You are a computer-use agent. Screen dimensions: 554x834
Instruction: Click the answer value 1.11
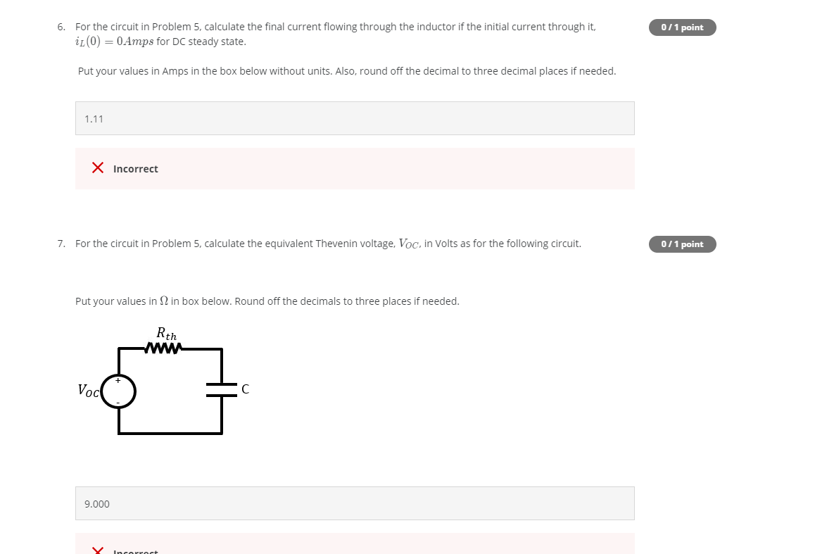[94, 119]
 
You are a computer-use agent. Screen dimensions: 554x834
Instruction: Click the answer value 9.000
[96, 504]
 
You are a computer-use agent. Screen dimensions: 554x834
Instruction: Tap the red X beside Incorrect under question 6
[99, 168]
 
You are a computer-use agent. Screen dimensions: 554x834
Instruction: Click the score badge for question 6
[682, 27]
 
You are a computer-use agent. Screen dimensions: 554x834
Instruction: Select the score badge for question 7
[682, 244]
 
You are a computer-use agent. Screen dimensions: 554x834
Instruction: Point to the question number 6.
[61, 27]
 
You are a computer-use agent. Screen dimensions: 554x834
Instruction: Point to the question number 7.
[61, 244]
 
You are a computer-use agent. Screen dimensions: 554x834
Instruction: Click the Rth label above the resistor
[167, 334]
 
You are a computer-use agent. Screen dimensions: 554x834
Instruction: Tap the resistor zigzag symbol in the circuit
[164, 348]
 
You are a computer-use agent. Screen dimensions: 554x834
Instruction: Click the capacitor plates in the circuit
[222, 389]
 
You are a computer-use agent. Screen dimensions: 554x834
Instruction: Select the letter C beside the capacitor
[245, 389]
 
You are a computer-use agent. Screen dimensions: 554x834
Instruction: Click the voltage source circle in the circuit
[118, 391]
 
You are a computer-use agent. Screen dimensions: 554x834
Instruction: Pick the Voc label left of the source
[88, 390]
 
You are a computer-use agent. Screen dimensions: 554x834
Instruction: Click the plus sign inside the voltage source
[118, 380]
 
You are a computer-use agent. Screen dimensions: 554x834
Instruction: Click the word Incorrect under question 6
[135, 169]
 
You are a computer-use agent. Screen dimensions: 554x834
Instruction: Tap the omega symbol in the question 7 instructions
[164, 301]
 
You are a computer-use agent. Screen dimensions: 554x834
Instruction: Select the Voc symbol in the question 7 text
[409, 244]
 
